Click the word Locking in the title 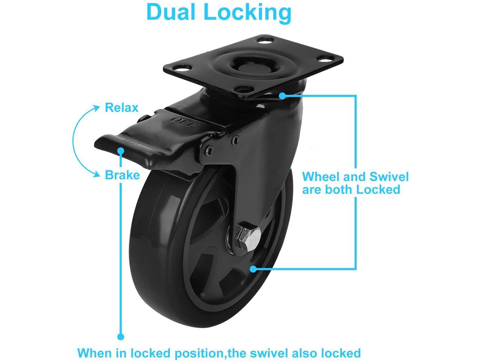(247, 12)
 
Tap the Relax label (121, 108)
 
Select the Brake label (122, 175)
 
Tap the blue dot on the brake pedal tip (121, 150)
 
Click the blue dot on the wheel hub (253, 269)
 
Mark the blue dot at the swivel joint (282, 96)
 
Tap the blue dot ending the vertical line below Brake (121, 337)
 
